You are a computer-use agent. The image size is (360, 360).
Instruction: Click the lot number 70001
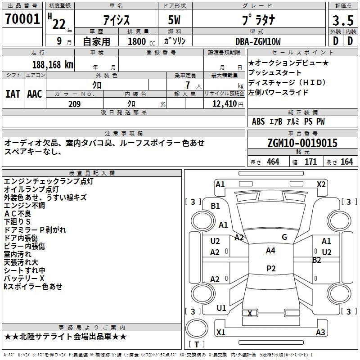click(x=22, y=19)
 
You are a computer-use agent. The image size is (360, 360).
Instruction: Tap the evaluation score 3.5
click(x=343, y=21)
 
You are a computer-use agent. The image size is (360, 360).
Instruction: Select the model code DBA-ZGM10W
click(x=258, y=41)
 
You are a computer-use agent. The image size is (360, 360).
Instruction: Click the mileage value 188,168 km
click(x=53, y=65)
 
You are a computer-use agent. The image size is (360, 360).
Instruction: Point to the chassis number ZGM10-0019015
click(x=302, y=144)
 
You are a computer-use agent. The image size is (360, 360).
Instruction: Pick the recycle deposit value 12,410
click(x=223, y=104)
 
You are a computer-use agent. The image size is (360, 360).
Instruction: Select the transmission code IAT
click(x=13, y=94)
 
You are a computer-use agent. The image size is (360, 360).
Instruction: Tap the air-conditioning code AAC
click(x=35, y=94)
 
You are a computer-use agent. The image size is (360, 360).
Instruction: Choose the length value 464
click(x=272, y=162)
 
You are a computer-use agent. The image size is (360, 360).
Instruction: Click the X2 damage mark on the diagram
click(x=321, y=184)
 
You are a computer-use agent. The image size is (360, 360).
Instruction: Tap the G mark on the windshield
click(x=284, y=237)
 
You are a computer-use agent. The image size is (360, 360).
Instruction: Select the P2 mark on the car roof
click(x=270, y=268)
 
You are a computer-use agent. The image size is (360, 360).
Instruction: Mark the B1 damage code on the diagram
click(x=216, y=206)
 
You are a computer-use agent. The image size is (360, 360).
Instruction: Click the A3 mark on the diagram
click(x=320, y=332)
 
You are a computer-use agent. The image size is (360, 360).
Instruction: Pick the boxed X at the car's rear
click(x=250, y=313)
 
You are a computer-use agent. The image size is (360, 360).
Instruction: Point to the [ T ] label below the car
click(x=197, y=344)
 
